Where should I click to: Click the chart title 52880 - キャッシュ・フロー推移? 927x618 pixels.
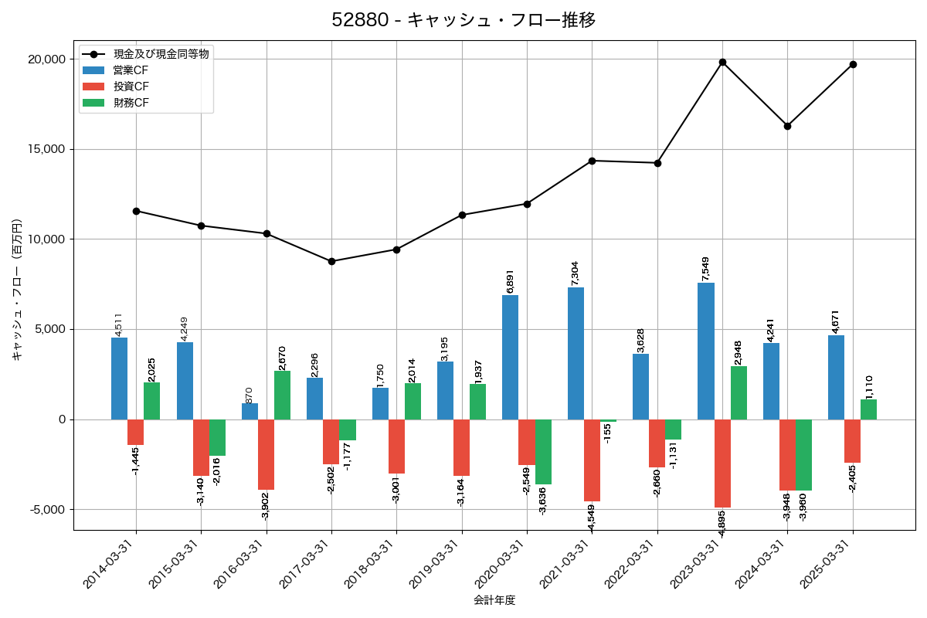(x=463, y=20)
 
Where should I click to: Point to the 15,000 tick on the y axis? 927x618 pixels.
(x=45, y=149)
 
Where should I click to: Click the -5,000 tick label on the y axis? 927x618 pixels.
(x=45, y=510)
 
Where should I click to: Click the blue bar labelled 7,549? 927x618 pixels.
(x=706, y=351)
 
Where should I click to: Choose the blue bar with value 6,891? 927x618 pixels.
(x=511, y=357)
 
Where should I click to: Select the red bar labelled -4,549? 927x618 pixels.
(x=592, y=460)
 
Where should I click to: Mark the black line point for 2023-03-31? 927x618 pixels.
(x=722, y=62)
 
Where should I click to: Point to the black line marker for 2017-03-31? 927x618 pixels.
(x=331, y=261)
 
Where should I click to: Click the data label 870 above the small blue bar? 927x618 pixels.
(x=250, y=394)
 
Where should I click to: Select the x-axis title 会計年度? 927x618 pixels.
(x=494, y=599)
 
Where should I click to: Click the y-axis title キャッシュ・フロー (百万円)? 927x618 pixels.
(x=17, y=290)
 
